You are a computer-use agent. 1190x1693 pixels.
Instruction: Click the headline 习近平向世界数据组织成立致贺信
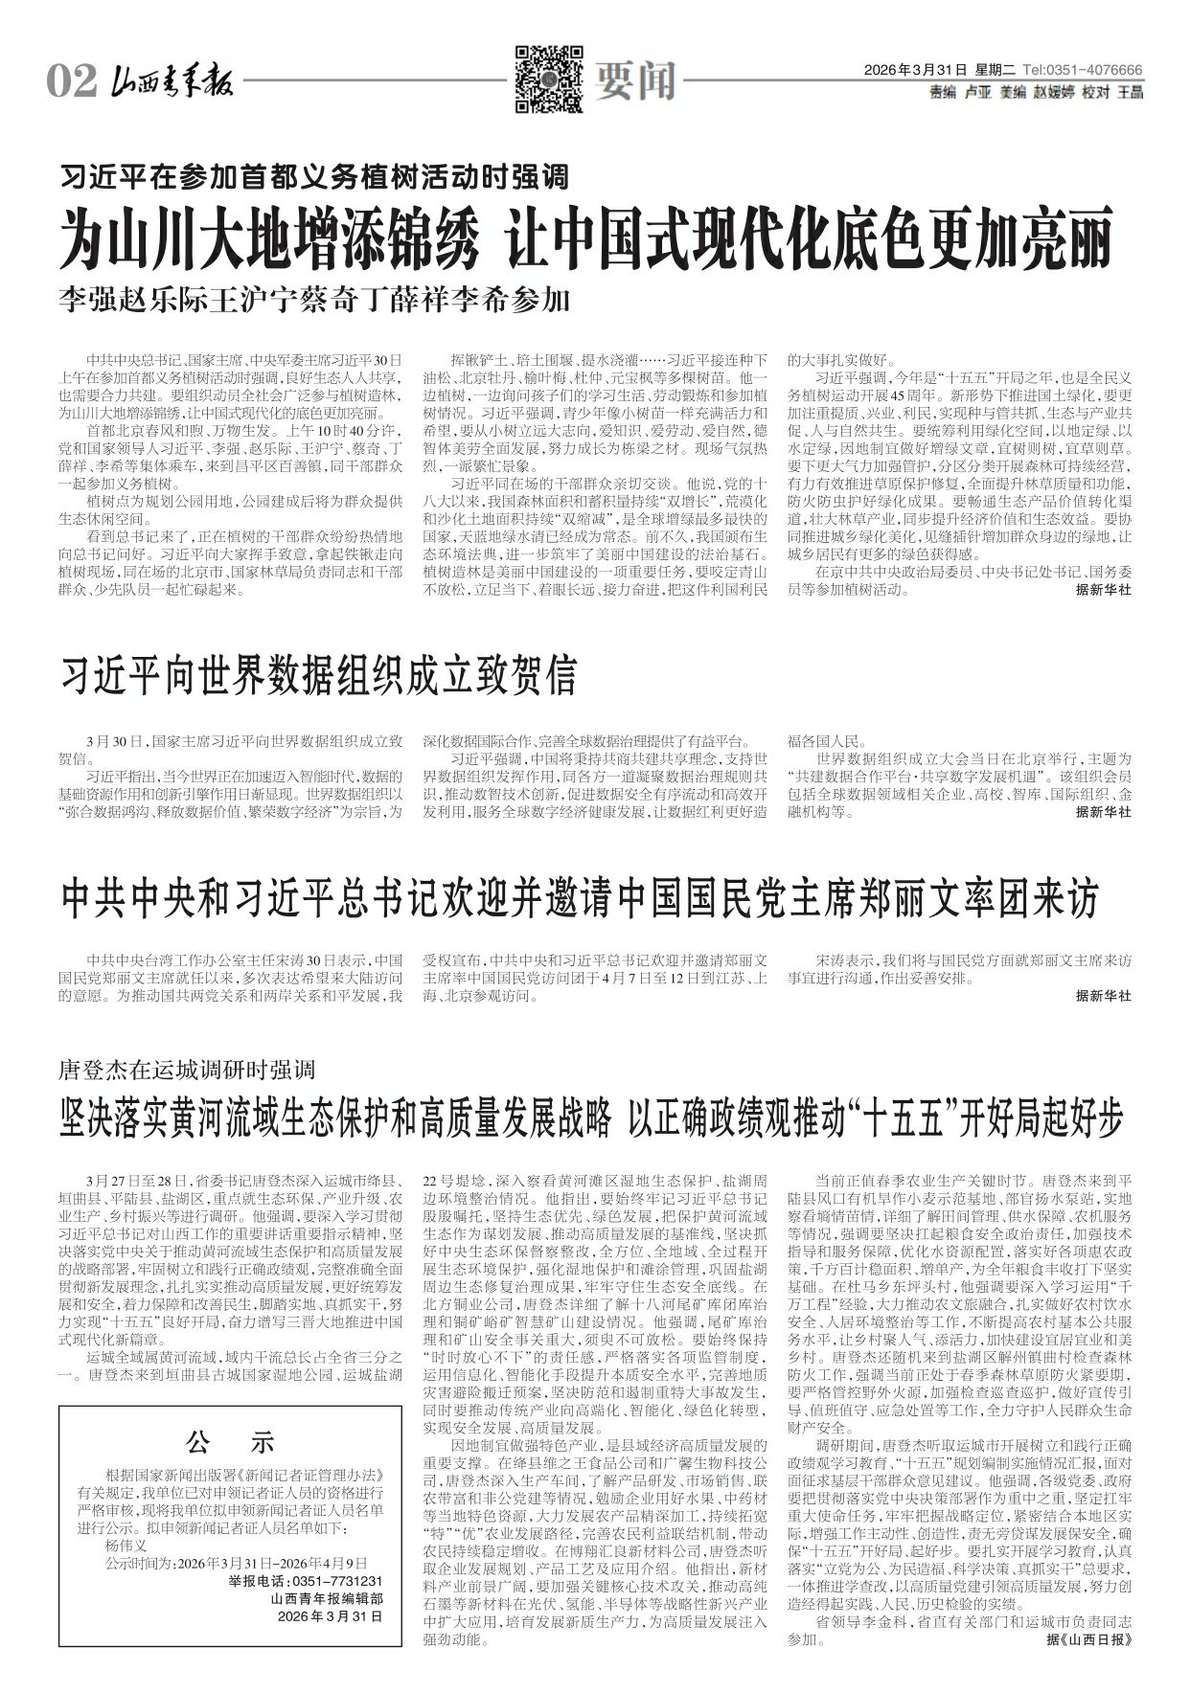pyautogui.click(x=319, y=675)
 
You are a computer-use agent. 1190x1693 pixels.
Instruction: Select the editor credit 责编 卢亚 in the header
pyautogui.click(x=961, y=93)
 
